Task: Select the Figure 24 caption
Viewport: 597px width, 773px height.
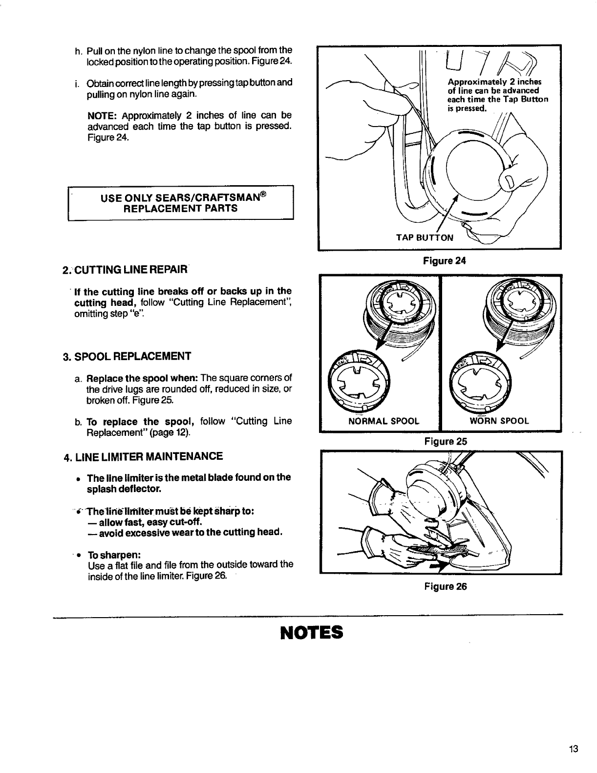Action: click(444, 261)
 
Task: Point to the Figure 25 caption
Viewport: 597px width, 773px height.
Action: click(446, 442)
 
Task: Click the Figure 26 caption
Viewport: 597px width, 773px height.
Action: click(445, 586)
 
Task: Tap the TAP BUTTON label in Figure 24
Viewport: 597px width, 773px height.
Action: click(425, 238)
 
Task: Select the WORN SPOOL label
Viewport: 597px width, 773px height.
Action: click(499, 421)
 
